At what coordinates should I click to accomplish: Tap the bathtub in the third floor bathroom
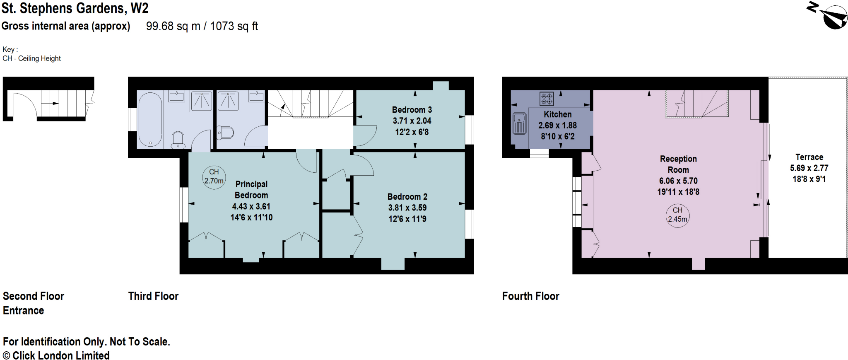(x=150, y=119)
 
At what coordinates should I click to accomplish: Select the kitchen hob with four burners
(x=547, y=99)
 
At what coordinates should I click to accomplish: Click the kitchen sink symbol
(x=519, y=123)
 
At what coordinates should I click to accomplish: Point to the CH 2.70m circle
(x=214, y=177)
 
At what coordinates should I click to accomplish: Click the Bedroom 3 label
(x=412, y=110)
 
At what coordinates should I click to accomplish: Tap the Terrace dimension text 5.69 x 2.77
(x=809, y=168)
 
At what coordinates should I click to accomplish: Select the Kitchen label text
(x=557, y=114)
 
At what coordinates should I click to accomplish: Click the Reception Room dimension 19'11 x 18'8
(x=678, y=192)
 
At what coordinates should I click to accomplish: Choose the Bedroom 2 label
(x=407, y=197)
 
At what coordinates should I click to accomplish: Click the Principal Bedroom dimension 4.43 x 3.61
(x=251, y=206)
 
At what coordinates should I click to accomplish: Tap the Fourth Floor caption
(x=530, y=296)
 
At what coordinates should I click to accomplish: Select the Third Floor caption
(x=153, y=296)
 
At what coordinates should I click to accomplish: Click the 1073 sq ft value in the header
(x=234, y=26)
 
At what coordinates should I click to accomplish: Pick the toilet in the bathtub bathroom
(x=178, y=140)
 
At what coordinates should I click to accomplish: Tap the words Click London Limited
(x=61, y=356)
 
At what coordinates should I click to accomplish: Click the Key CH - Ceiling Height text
(x=31, y=58)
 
